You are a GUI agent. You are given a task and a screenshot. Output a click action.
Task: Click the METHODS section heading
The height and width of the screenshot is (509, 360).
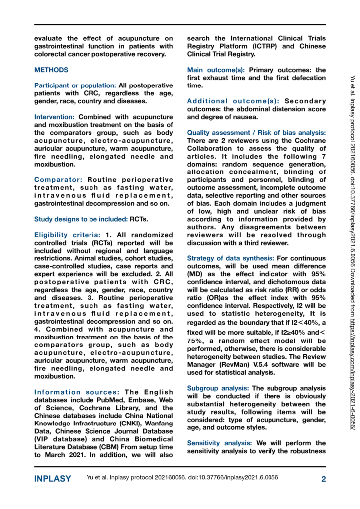pos(51,70)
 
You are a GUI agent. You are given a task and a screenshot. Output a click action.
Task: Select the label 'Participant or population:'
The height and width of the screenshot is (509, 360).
pos(75,86)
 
